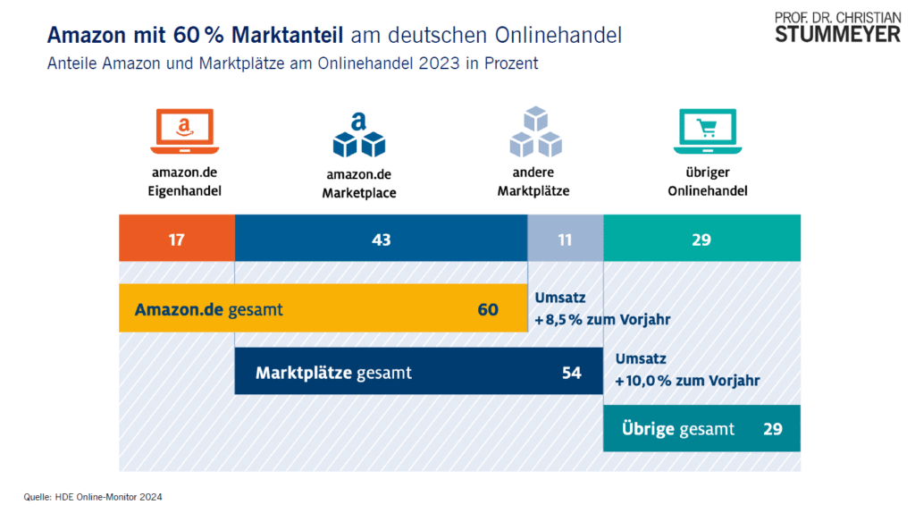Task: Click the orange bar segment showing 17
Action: (177, 239)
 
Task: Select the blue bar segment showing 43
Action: (381, 239)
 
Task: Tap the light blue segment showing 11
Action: (566, 239)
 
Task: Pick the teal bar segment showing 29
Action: (702, 239)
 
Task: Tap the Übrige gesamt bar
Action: (701, 429)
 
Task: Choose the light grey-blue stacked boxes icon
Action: (535, 131)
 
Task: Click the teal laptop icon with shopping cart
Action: (706, 130)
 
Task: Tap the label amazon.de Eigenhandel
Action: (184, 182)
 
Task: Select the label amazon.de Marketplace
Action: (359, 183)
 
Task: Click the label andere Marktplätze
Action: (535, 182)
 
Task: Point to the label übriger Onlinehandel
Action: (706, 182)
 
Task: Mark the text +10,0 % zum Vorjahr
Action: (687, 380)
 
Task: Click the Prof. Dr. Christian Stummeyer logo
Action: (837, 27)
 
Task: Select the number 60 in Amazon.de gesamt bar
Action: (488, 309)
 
